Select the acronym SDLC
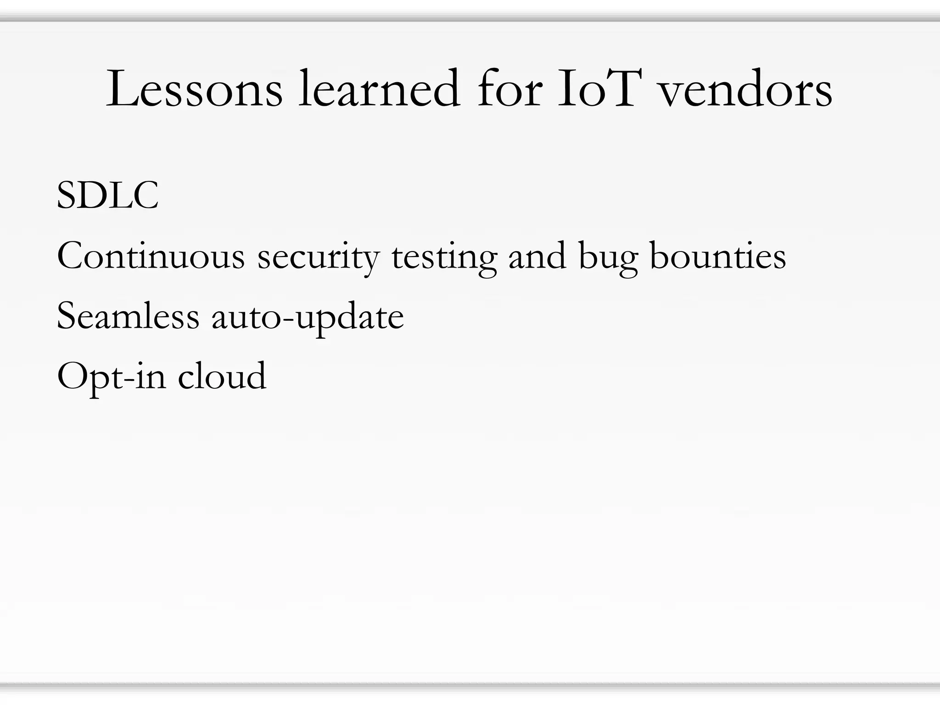pos(107,196)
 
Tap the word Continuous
pos(151,256)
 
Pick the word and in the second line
pos(537,256)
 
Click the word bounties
pos(718,256)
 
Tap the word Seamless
pos(128,316)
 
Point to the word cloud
pos(222,376)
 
